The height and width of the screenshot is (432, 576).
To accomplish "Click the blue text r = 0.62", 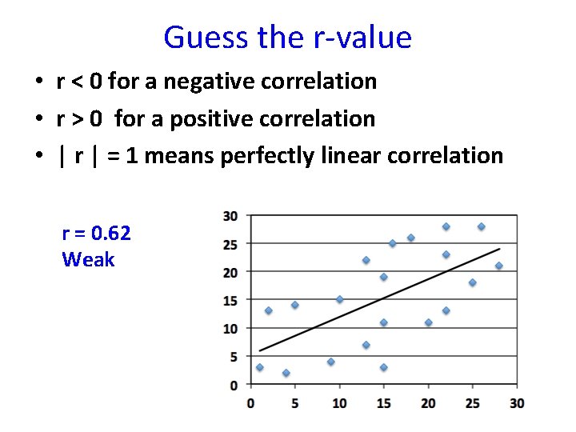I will tap(96, 233).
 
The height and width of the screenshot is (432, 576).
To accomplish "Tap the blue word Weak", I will tap(88, 259).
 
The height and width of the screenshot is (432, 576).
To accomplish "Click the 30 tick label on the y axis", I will tap(230, 216).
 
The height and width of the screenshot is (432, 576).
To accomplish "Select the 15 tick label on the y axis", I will tap(230, 300).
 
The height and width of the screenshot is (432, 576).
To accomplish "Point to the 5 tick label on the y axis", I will tap(233, 357).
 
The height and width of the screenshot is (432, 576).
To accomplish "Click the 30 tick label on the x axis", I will tap(517, 402).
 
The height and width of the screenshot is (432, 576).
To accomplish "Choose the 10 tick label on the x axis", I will tap(339, 402).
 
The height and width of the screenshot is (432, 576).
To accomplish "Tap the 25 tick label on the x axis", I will tap(472, 402).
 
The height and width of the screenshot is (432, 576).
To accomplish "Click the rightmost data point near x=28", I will tap(498, 266).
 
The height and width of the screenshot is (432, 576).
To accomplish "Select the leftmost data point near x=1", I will tap(259, 367).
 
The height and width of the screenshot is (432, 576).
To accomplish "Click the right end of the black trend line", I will tap(500, 248).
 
